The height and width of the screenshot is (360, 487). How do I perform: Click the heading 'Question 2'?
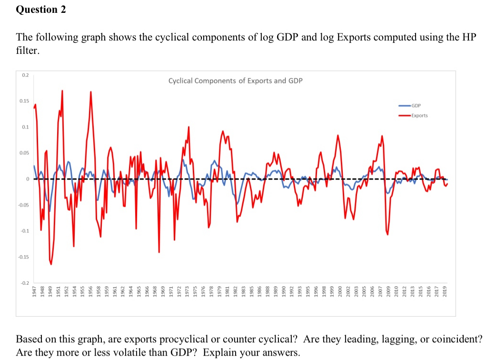[x=41, y=10]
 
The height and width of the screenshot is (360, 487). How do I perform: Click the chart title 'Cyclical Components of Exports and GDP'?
[x=235, y=80]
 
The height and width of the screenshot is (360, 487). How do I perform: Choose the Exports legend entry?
[x=419, y=115]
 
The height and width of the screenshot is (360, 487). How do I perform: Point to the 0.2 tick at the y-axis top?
[x=25, y=75]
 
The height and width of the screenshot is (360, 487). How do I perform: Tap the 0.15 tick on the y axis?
[x=24, y=101]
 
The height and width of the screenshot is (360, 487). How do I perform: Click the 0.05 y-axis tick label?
[x=24, y=153]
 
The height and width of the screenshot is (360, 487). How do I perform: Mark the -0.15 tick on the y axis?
[x=24, y=257]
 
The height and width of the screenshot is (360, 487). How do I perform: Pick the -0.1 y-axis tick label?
[x=24, y=231]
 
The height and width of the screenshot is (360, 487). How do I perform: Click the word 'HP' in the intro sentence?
[x=469, y=38]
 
